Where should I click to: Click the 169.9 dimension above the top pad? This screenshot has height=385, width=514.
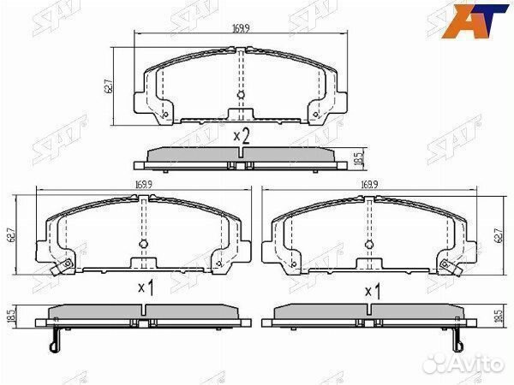click(x=240, y=28)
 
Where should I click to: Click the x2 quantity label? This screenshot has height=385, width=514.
click(x=241, y=134)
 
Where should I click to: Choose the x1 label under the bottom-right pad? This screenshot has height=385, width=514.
click(x=372, y=292)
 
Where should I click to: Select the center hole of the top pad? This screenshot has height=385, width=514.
click(x=241, y=96)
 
